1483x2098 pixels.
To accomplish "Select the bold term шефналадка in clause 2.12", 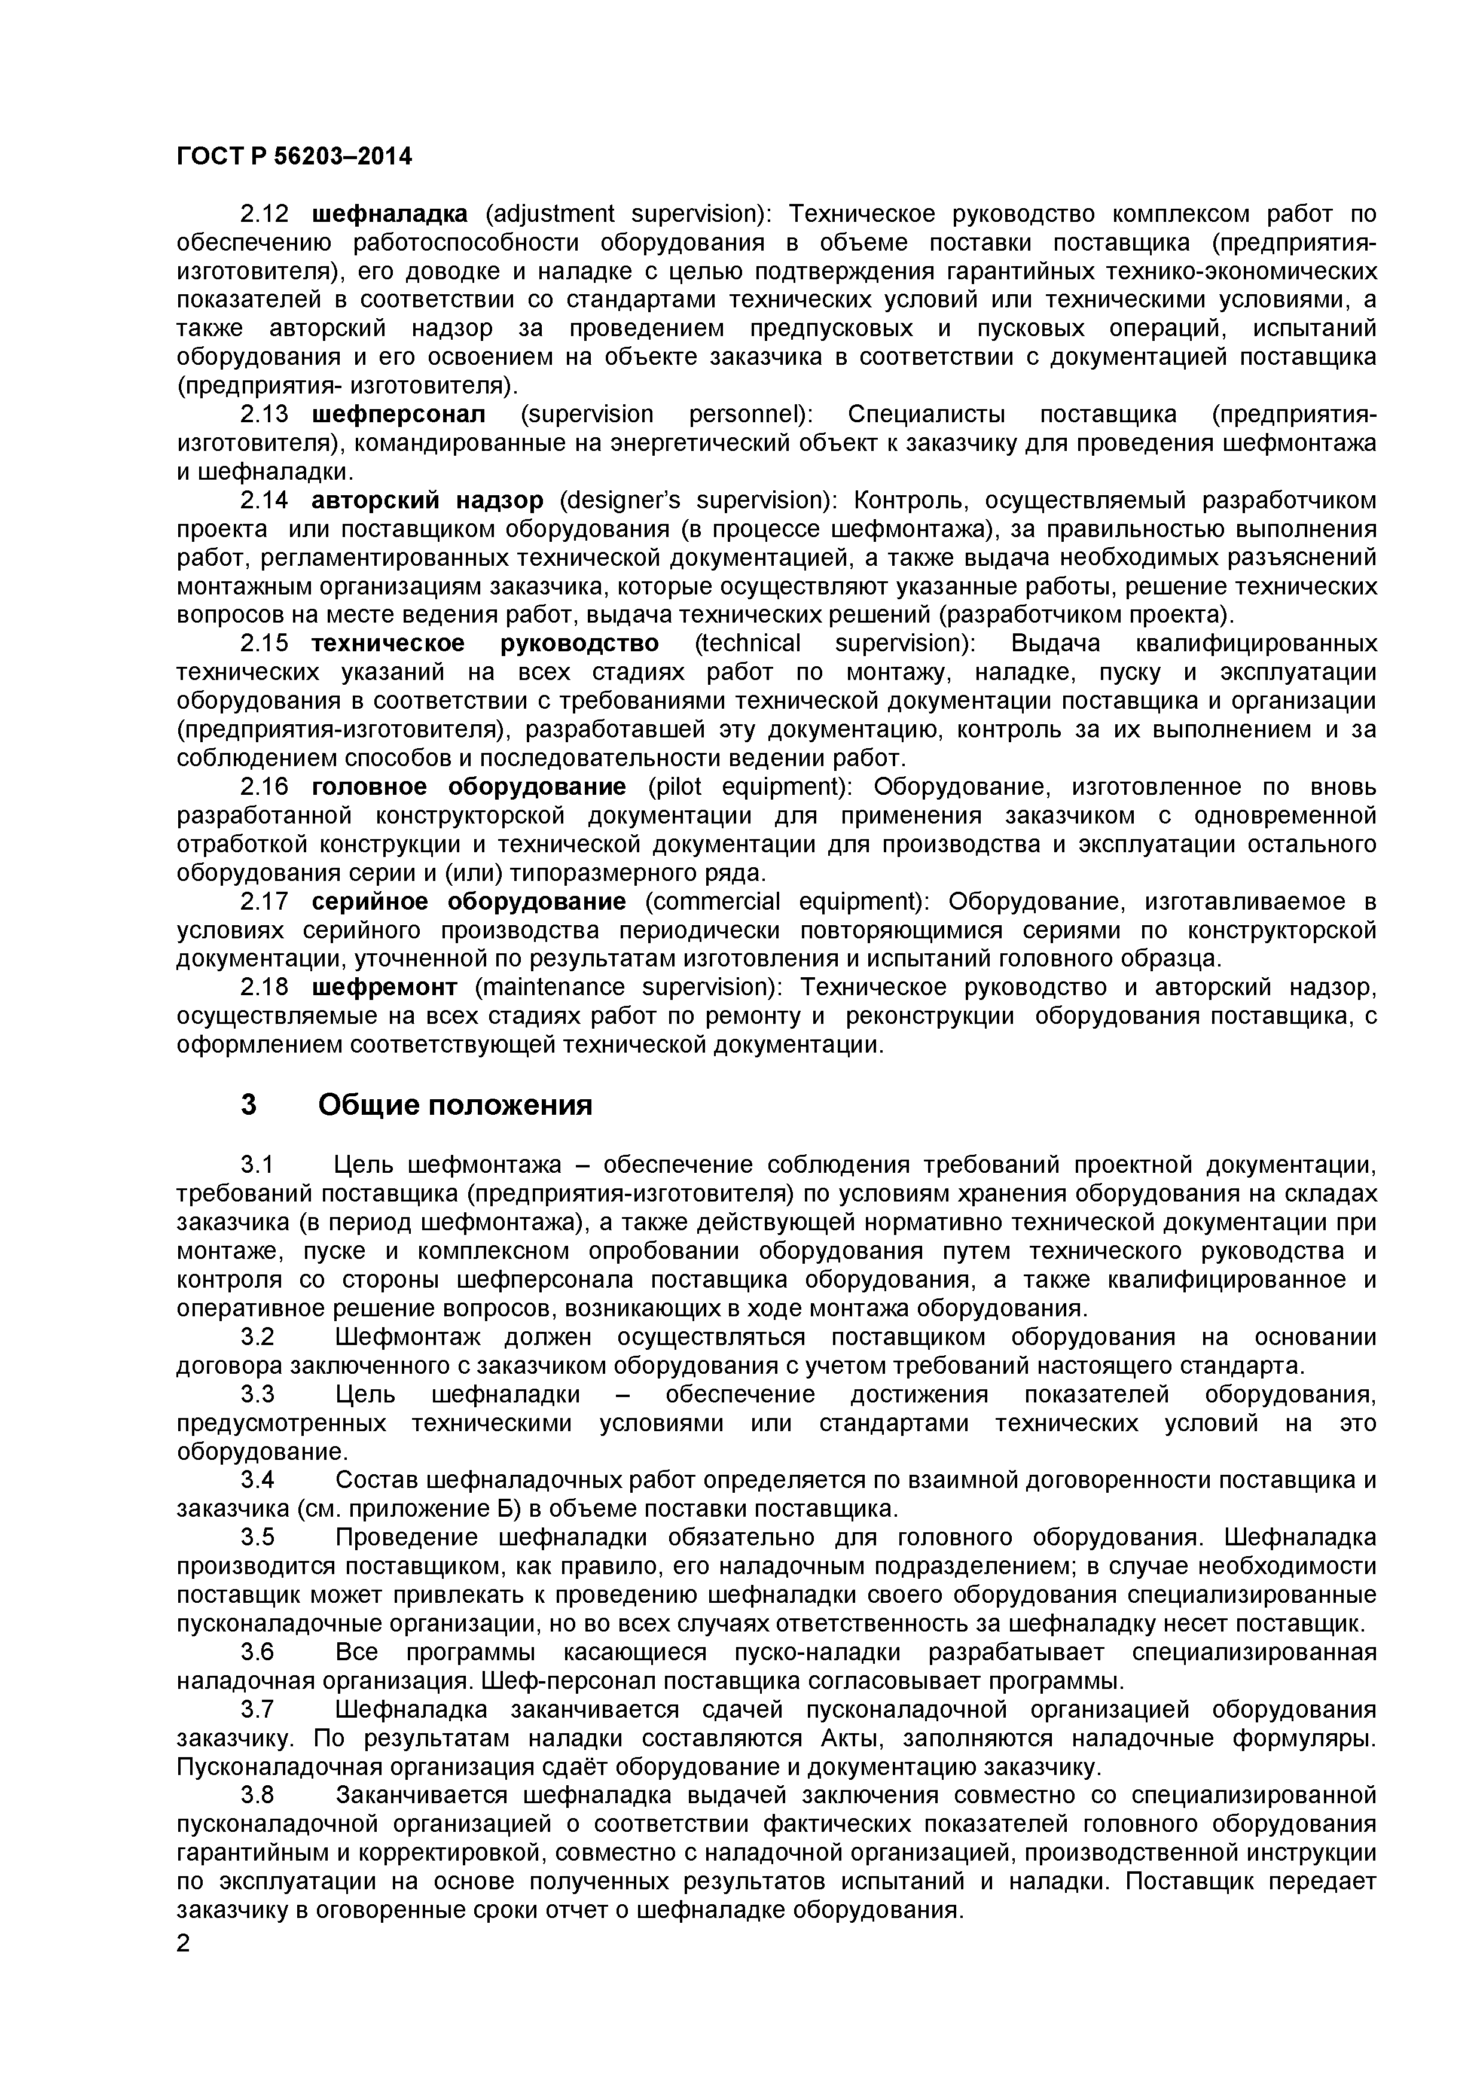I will coord(390,214).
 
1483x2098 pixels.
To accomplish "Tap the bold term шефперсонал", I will coord(399,415).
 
